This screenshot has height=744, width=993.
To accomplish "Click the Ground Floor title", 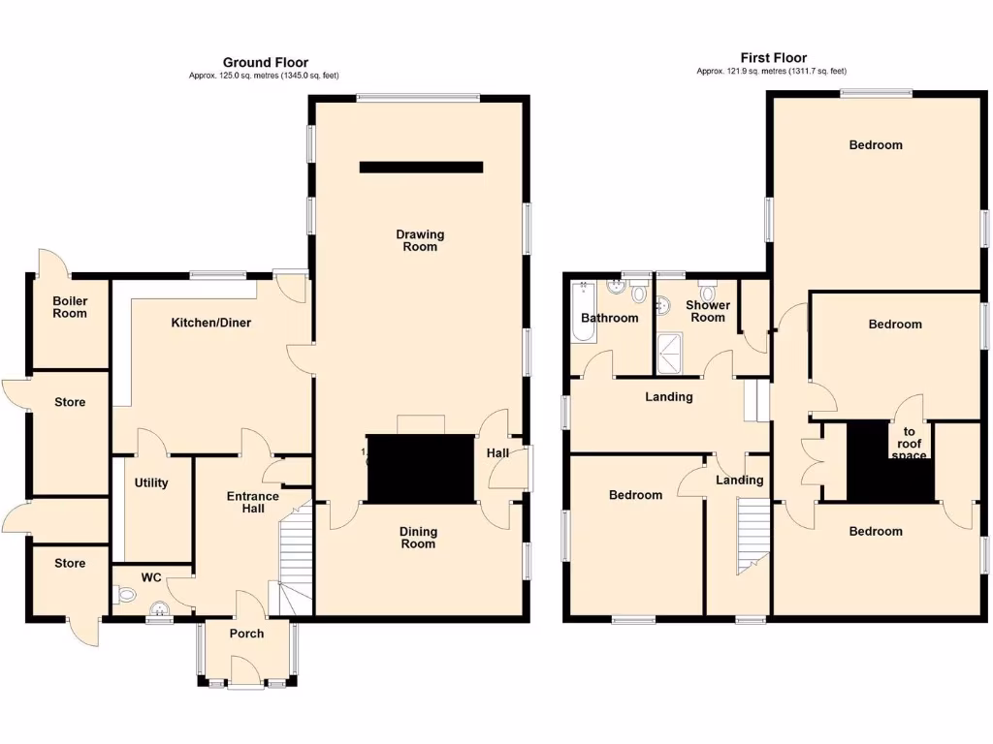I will pos(266,62).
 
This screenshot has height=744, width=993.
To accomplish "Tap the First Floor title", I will pos(772,58).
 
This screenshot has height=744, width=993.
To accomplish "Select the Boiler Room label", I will pos(70,307).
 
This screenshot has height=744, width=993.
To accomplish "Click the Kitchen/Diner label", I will pos(211,323).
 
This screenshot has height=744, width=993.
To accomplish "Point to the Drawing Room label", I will pos(420,240).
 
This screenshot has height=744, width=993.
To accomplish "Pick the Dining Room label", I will pos(419,538).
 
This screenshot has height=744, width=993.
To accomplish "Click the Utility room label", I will pos(152,483).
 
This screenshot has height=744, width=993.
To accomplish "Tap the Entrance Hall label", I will pos(252,503).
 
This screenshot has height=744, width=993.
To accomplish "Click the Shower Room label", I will pos(708,311).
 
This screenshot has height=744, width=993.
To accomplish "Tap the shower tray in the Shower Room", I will pos(670,354).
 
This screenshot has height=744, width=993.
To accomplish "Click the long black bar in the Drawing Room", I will pos(421,168).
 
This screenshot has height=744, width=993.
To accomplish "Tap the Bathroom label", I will pos(610,318).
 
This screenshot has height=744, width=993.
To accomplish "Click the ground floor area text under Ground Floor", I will pos(265,76).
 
